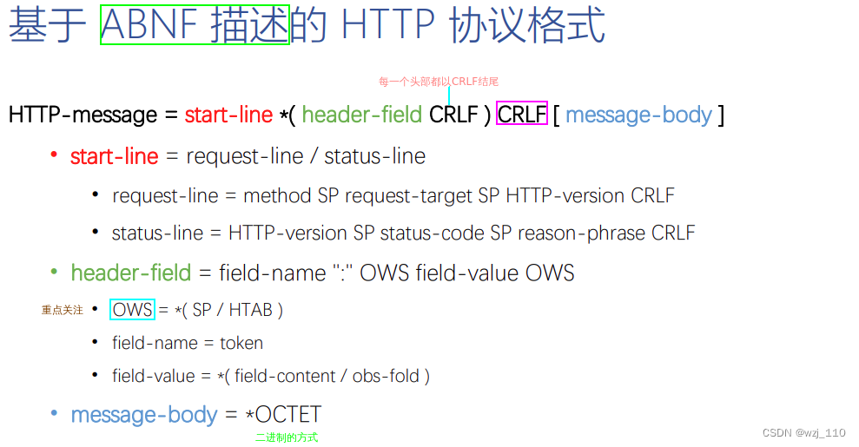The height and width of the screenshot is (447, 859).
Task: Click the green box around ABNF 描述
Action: click(x=194, y=25)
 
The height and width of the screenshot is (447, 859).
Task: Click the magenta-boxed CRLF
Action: click(x=522, y=114)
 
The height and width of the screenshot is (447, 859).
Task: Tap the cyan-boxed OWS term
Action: click(x=132, y=310)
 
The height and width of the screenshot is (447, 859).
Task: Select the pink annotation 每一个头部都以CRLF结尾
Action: click(x=439, y=82)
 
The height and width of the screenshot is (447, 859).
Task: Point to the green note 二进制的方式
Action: click(x=287, y=437)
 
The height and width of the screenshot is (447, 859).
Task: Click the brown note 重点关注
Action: click(x=63, y=310)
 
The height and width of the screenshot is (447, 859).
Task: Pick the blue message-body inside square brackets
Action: click(x=638, y=115)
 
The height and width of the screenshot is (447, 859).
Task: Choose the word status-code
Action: click(x=433, y=233)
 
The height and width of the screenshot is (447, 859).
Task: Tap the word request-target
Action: click(x=409, y=196)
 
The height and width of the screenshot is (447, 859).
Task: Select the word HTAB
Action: click(x=250, y=310)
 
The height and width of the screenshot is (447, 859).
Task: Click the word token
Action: click(x=241, y=344)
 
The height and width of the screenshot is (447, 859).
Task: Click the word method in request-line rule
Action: click(x=277, y=196)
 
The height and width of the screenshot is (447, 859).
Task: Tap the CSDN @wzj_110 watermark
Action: click(x=803, y=433)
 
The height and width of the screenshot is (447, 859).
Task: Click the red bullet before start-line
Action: click(x=54, y=154)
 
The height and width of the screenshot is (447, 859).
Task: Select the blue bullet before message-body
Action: click(x=54, y=413)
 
